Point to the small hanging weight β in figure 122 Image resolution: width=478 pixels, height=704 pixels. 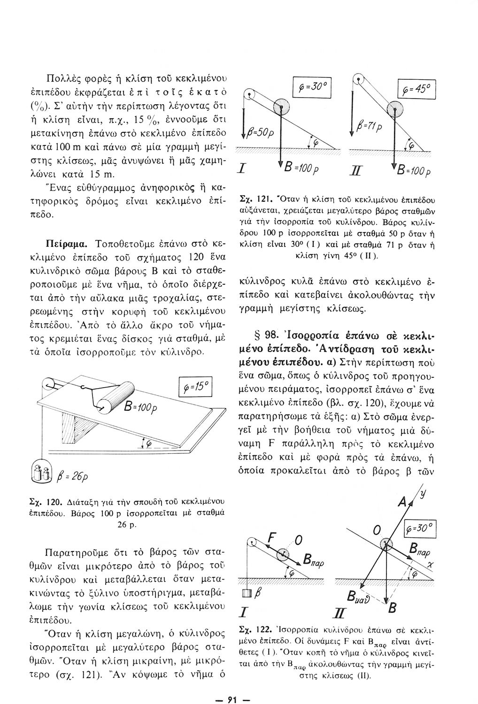(244, 594)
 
